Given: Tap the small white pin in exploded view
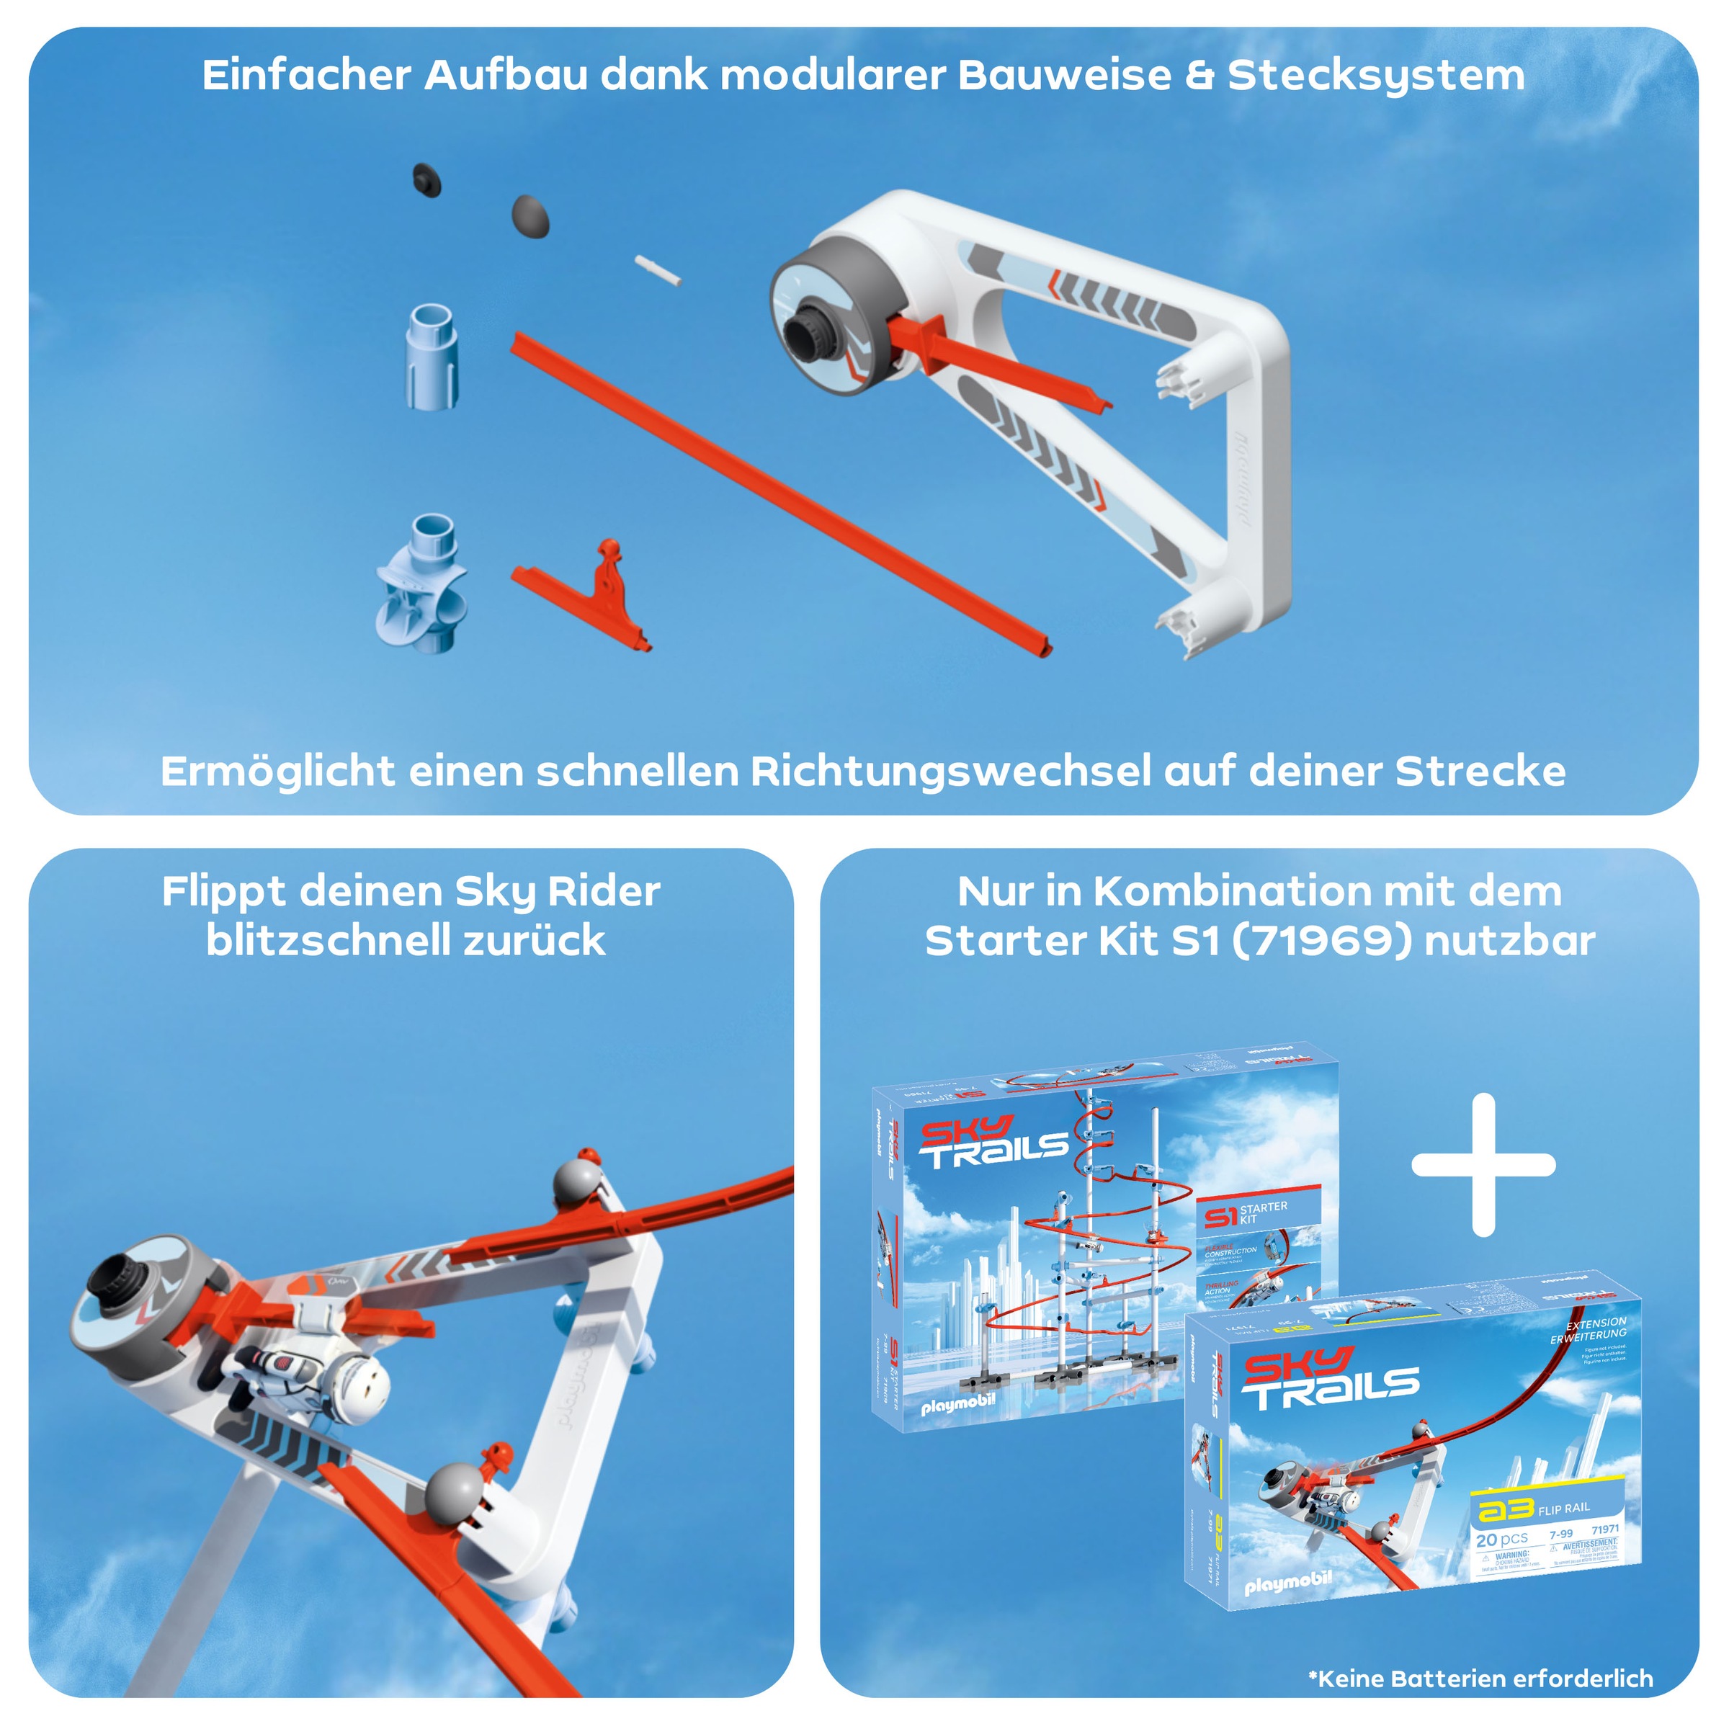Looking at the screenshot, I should coord(658,270).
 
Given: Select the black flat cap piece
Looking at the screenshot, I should coord(428,180).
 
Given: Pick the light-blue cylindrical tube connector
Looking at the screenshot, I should coord(432,355).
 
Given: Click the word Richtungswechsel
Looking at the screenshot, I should coord(951,772).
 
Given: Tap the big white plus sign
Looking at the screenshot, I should coord(1483,1164).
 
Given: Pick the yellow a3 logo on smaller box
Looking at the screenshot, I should coord(1504,1510).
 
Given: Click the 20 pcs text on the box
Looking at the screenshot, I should coord(1501,1540).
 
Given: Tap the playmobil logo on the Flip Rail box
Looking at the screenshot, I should coord(1288,1583).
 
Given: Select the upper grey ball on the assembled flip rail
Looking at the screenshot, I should coord(576,1184).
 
